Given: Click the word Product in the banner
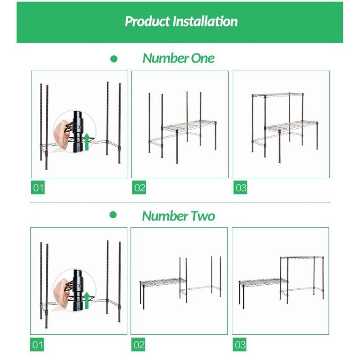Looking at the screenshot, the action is [148, 22].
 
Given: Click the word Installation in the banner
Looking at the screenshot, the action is [205, 21].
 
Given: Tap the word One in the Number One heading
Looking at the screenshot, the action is [203, 58].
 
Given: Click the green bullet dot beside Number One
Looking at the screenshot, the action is [114, 59].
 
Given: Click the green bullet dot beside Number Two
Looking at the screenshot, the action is [113, 215].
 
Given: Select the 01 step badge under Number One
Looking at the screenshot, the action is [38, 188].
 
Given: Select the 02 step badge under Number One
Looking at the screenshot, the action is [139, 188].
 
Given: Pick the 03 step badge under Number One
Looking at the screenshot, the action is [240, 188].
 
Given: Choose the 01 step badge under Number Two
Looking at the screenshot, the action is [37, 344].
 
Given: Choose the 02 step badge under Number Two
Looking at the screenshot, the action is [139, 344].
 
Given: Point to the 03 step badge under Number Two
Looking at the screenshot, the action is [239, 344].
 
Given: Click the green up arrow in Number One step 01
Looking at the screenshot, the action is [86, 142].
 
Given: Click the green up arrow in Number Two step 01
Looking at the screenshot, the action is [86, 301].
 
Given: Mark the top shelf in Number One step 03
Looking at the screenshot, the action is [278, 95].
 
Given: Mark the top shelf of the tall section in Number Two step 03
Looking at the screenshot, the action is [302, 258].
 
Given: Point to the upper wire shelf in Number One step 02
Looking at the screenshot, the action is [189, 126].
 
